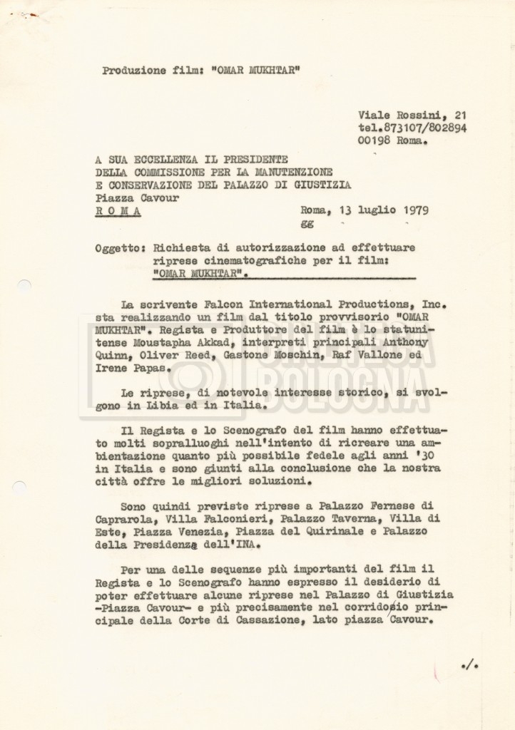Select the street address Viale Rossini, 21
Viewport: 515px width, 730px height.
tap(412, 115)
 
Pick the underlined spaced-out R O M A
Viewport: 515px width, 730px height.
tap(118, 212)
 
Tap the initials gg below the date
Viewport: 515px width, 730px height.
tap(307, 223)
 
